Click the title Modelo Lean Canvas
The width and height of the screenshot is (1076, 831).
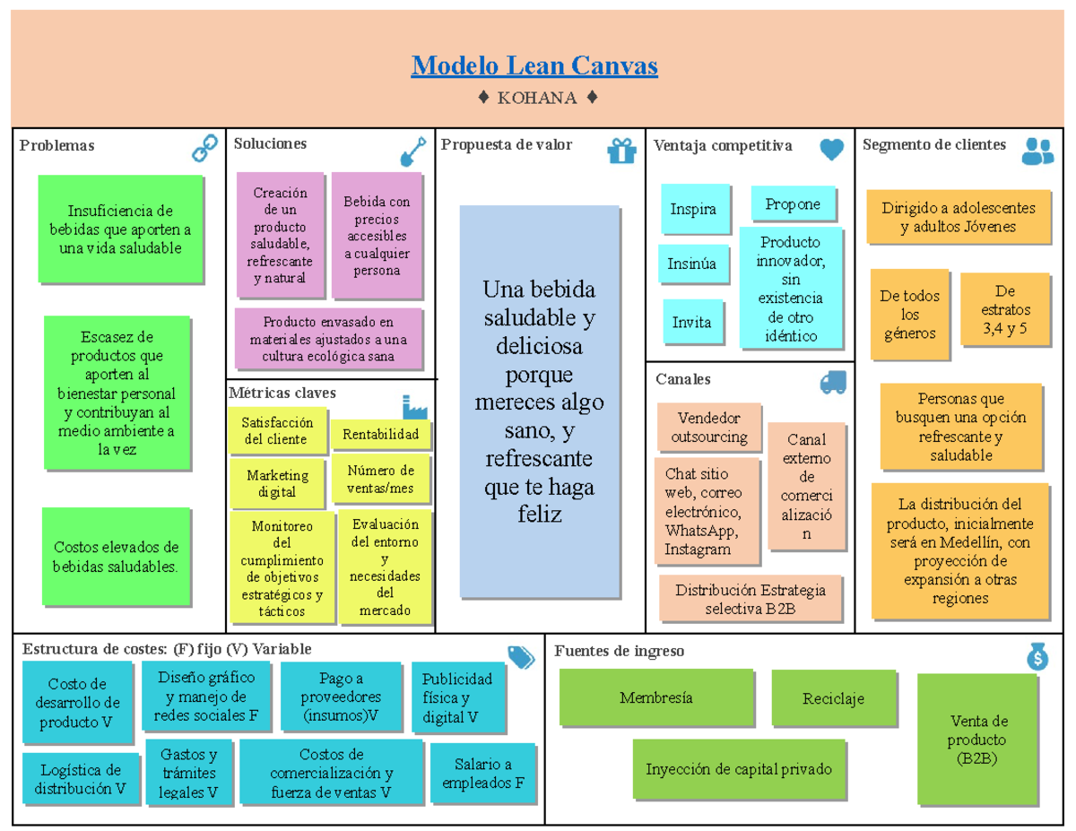(x=534, y=65)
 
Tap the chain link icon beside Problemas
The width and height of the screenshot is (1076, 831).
(x=205, y=148)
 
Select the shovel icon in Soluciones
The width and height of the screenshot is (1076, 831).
(x=412, y=151)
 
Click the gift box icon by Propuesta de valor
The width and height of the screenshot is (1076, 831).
(x=621, y=151)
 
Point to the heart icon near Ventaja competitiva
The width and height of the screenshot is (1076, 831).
(x=831, y=150)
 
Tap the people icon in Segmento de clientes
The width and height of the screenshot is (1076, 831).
(x=1037, y=151)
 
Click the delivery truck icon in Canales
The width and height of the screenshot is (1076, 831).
(x=833, y=383)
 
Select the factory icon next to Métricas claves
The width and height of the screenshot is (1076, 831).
(x=415, y=406)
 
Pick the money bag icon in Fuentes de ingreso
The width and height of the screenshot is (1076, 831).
(x=1037, y=657)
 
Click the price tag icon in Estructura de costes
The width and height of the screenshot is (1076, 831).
(x=521, y=657)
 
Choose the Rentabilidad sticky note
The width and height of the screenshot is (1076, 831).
(x=380, y=435)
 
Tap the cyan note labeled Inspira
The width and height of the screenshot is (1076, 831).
(x=693, y=209)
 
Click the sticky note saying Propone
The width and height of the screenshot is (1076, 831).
(x=793, y=204)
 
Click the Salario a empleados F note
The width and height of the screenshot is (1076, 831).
(x=482, y=774)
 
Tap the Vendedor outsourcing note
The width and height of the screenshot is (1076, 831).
(x=709, y=428)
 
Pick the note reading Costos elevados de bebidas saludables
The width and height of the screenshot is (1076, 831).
(x=117, y=557)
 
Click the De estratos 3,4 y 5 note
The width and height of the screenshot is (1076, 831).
(x=1004, y=309)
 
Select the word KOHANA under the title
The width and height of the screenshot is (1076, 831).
(x=537, y=98)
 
